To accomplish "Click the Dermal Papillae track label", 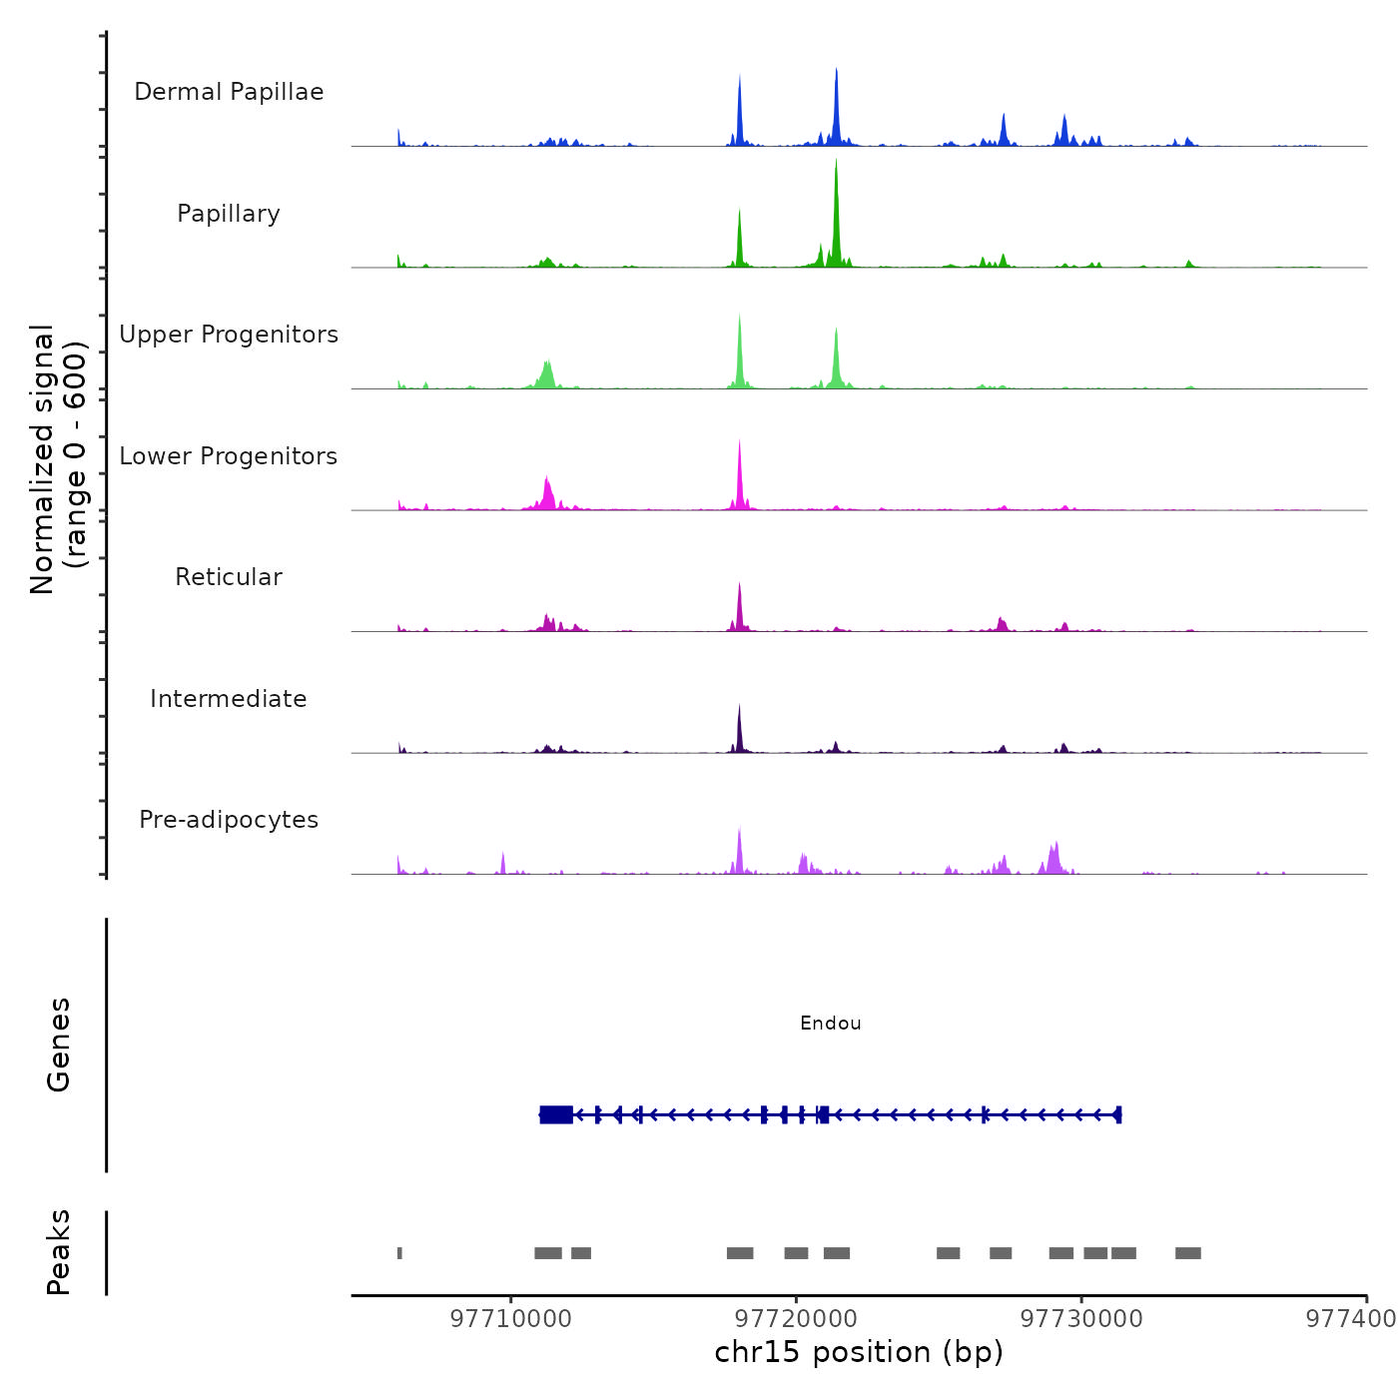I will coord(229,92).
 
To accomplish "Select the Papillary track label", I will coord(229,214).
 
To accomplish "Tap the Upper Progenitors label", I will coord(229,335).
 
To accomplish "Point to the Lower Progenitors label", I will coord(229,456).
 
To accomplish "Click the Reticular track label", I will coord(229,577).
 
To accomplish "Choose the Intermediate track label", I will coord(229,699).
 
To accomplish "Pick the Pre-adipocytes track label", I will coord(229,820).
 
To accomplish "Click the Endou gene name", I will coord(831,1024).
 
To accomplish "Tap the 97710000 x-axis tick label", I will coord(511,1319).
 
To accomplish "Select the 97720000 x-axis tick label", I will coord(797,1319).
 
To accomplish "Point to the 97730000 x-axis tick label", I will coord(1081,1319).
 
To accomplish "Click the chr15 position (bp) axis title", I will coord(859,1353).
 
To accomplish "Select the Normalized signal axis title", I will coord(58,459).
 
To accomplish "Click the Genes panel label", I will coord(59,1045).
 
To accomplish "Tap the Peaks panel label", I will coord(59,1252).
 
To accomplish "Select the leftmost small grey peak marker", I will coord(399,1253).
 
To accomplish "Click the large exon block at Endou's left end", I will coord(556,1114).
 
